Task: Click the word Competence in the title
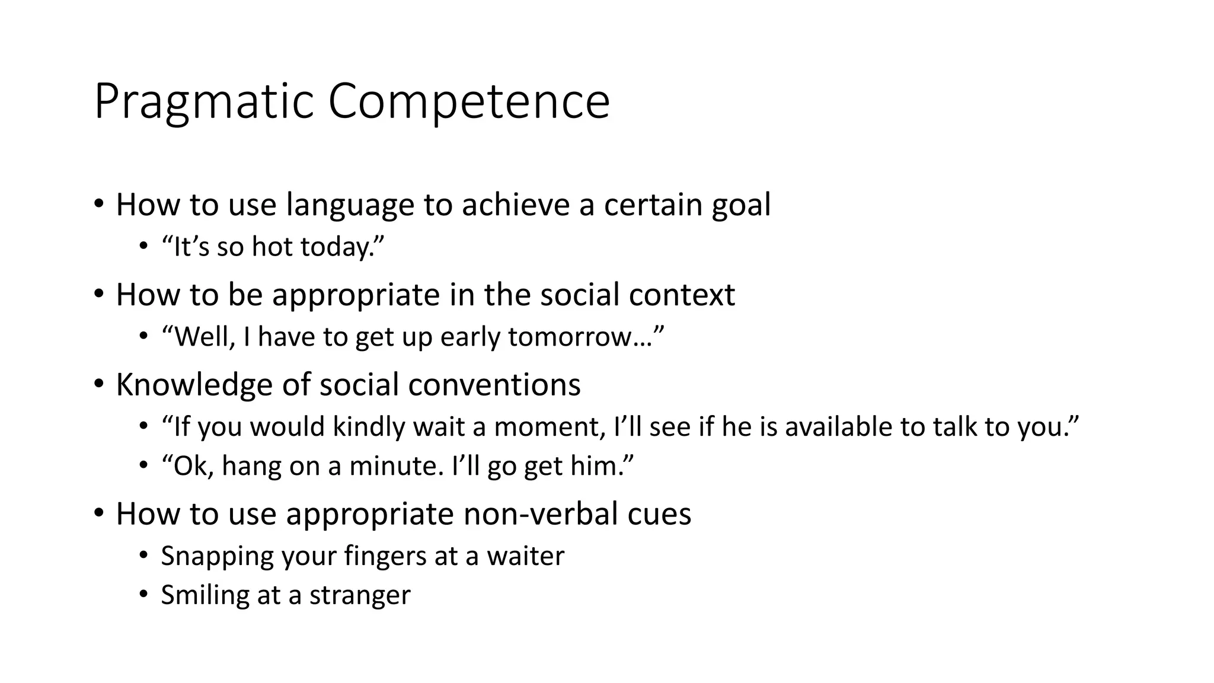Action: (468, 102)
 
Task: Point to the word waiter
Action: (525, 556)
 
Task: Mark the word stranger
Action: (360, 595)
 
